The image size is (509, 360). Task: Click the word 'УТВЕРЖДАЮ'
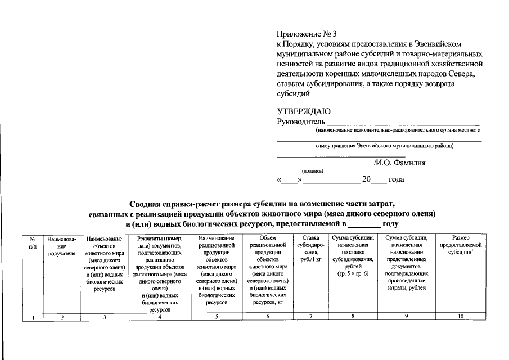tap(304, 111)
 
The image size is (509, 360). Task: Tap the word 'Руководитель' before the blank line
tap(301, 121)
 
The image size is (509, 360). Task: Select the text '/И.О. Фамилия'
tap(399, 163)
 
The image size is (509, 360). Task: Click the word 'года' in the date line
tap(396, 180)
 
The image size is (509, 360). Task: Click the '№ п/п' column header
tap(33, 242)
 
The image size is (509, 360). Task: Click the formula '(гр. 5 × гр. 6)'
tap(353, 273)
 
